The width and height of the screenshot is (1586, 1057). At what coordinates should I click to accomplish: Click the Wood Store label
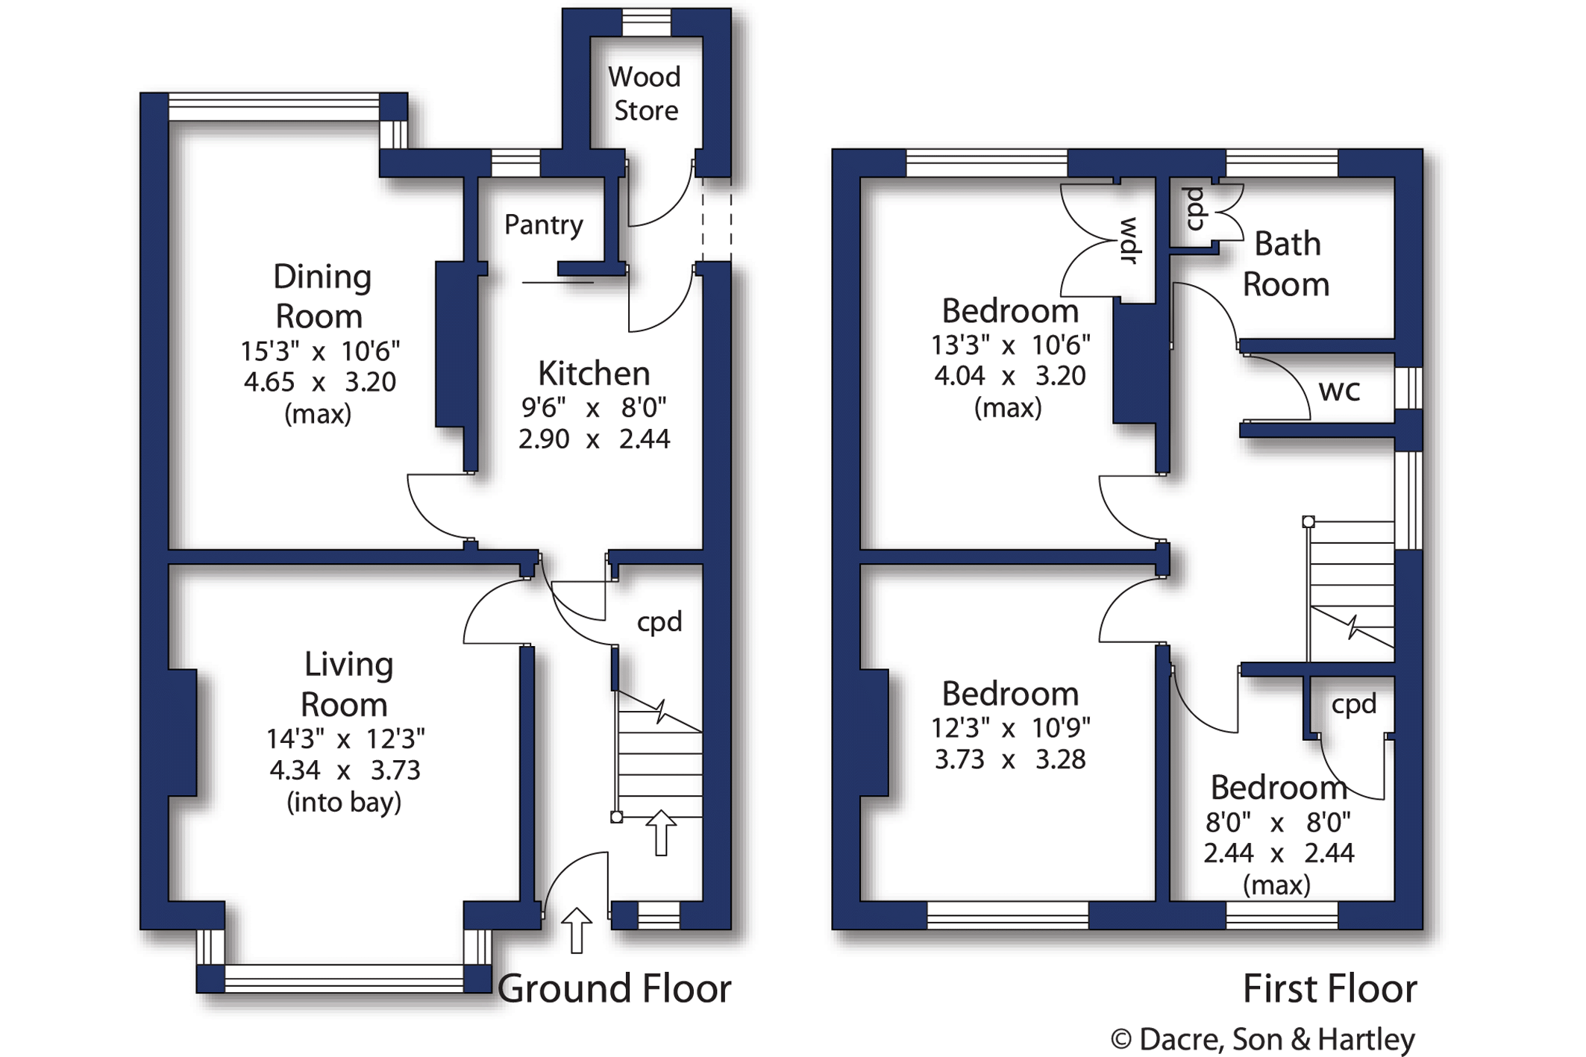tap(645, 94)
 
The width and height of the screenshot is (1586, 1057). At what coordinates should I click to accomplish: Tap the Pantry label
tap(543, 225)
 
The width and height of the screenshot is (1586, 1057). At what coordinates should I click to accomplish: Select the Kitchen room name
tap(594, 373)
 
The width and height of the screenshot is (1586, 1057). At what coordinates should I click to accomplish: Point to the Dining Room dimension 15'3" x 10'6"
tap(320, 351)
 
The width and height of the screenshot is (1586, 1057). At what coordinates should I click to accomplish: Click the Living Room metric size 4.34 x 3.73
tap(345, 770)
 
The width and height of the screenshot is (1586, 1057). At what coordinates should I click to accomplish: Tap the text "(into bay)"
tap(344, 803)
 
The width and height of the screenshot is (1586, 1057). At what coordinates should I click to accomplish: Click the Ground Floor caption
tap(614, 989)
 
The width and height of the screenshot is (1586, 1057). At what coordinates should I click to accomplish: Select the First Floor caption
tap(1329, 989)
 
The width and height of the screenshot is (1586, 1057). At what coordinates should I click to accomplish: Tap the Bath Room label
tap(1286, 264)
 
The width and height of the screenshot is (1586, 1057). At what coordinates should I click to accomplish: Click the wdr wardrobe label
tap(1129, 240)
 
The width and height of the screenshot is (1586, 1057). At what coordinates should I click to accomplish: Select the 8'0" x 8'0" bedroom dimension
tap(1278, 823)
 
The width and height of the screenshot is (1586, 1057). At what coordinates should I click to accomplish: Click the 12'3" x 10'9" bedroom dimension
tap(1010, 727)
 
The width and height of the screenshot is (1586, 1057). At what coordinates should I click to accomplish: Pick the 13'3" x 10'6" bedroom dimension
tap(1010, 345)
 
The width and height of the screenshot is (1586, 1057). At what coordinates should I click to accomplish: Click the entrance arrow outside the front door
tap(577, 930)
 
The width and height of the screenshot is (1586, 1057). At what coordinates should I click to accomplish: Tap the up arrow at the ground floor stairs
tap(661, 832)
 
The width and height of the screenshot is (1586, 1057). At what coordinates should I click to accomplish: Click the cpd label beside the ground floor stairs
tap(659, 622)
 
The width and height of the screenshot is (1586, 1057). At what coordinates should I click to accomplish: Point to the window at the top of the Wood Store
tap(646, 22)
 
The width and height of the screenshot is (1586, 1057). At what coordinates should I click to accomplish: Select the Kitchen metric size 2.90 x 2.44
tap(594, 439)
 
